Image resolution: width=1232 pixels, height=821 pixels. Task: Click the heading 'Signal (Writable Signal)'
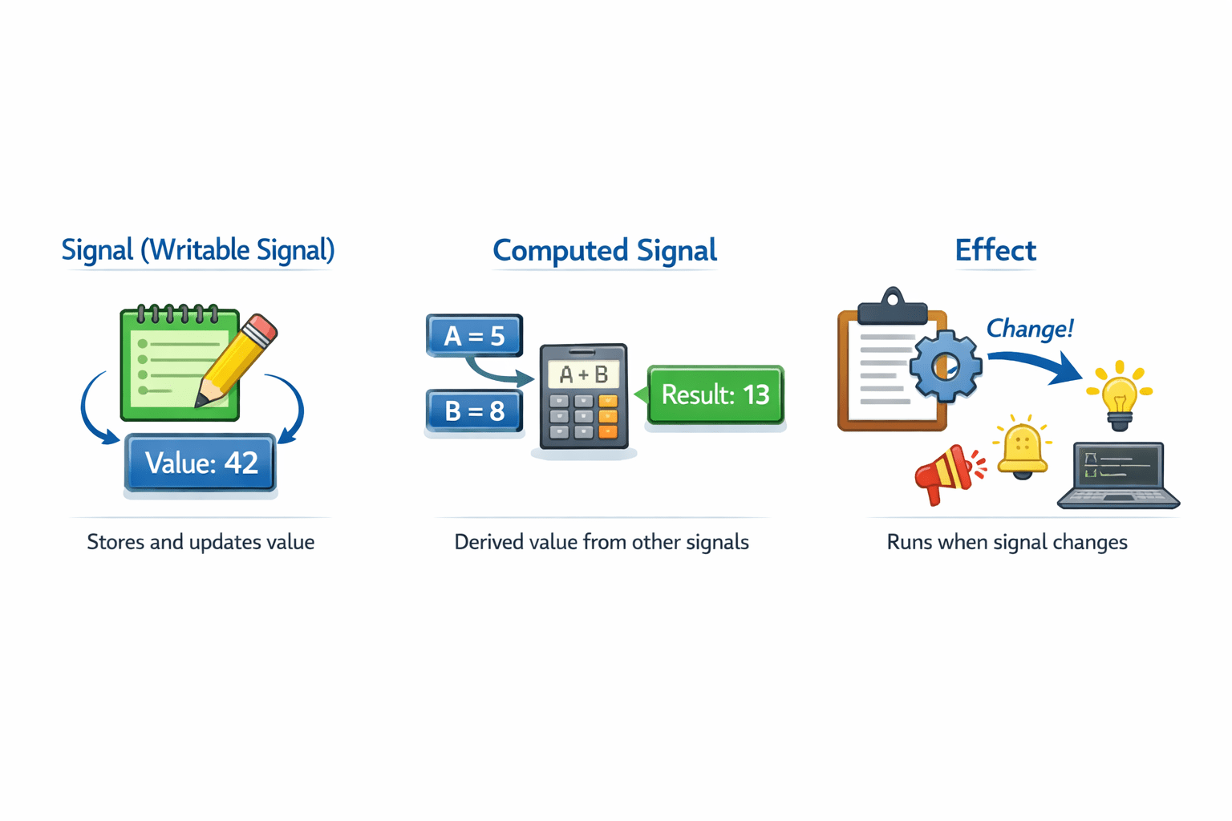tap(198, 250)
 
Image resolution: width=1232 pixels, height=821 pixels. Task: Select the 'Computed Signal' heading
tap(604, 250)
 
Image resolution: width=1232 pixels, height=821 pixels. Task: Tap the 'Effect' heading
tap(995, 250)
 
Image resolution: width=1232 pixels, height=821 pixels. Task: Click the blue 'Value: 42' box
tap(201, 463)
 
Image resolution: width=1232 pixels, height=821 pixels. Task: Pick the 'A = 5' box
tap(474, 335)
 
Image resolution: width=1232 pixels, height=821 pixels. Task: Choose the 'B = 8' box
tap(474, 410)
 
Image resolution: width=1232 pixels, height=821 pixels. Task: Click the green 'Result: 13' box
tap(715, 394)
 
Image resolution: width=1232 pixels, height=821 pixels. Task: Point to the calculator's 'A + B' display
tap(583, 374)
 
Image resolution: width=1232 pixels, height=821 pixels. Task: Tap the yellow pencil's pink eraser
tap(261, 329)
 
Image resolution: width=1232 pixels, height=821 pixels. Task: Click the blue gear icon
tap(946, 366)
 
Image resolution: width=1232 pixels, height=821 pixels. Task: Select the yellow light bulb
tap(1119, 394)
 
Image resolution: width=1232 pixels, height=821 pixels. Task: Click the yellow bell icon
tap(1022, 449)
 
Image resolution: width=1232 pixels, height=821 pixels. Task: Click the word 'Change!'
tap(1029, 329)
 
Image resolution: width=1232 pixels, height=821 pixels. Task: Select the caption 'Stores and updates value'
tap(201, 542)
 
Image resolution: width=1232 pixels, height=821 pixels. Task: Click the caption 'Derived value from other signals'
tap(602, 542)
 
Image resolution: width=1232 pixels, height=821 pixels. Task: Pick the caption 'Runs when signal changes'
tap(1007, 542)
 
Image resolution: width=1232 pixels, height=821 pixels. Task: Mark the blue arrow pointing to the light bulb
tap(1035, 363)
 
